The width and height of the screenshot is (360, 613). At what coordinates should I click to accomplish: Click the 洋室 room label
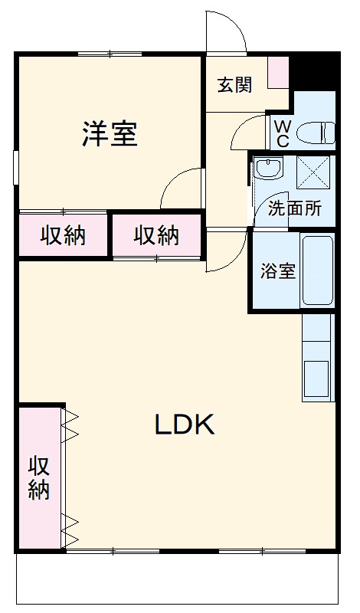(110, 134)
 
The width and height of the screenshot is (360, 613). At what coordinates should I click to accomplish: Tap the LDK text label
(185, 425)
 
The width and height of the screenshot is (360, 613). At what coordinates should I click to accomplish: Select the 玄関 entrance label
(235, 85)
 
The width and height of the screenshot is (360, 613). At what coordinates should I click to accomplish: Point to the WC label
(282, 133)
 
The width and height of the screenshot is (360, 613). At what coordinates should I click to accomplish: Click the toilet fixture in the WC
(316, 133)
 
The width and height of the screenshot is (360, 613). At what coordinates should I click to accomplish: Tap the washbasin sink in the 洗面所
(270, 168)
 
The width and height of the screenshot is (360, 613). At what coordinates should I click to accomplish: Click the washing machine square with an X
(313, 172)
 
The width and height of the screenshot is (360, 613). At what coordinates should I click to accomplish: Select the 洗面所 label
(294, 208)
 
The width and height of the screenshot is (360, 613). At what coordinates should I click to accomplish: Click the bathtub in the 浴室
(318, 270)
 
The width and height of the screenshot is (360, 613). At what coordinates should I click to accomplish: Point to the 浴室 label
(278, 271)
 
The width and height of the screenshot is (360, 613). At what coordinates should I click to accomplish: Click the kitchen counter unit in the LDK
(317, 358)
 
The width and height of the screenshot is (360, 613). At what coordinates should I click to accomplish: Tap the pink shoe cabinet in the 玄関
(278, 73)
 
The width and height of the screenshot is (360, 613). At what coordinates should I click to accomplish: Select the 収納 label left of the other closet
(63, 236)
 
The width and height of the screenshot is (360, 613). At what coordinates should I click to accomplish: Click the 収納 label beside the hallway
(156, 236)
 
